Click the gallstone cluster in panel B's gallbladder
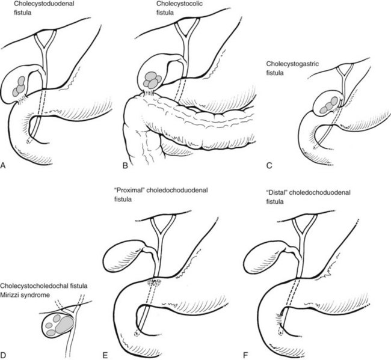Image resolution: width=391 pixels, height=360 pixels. pyautogui.click(x=153, y=78)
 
